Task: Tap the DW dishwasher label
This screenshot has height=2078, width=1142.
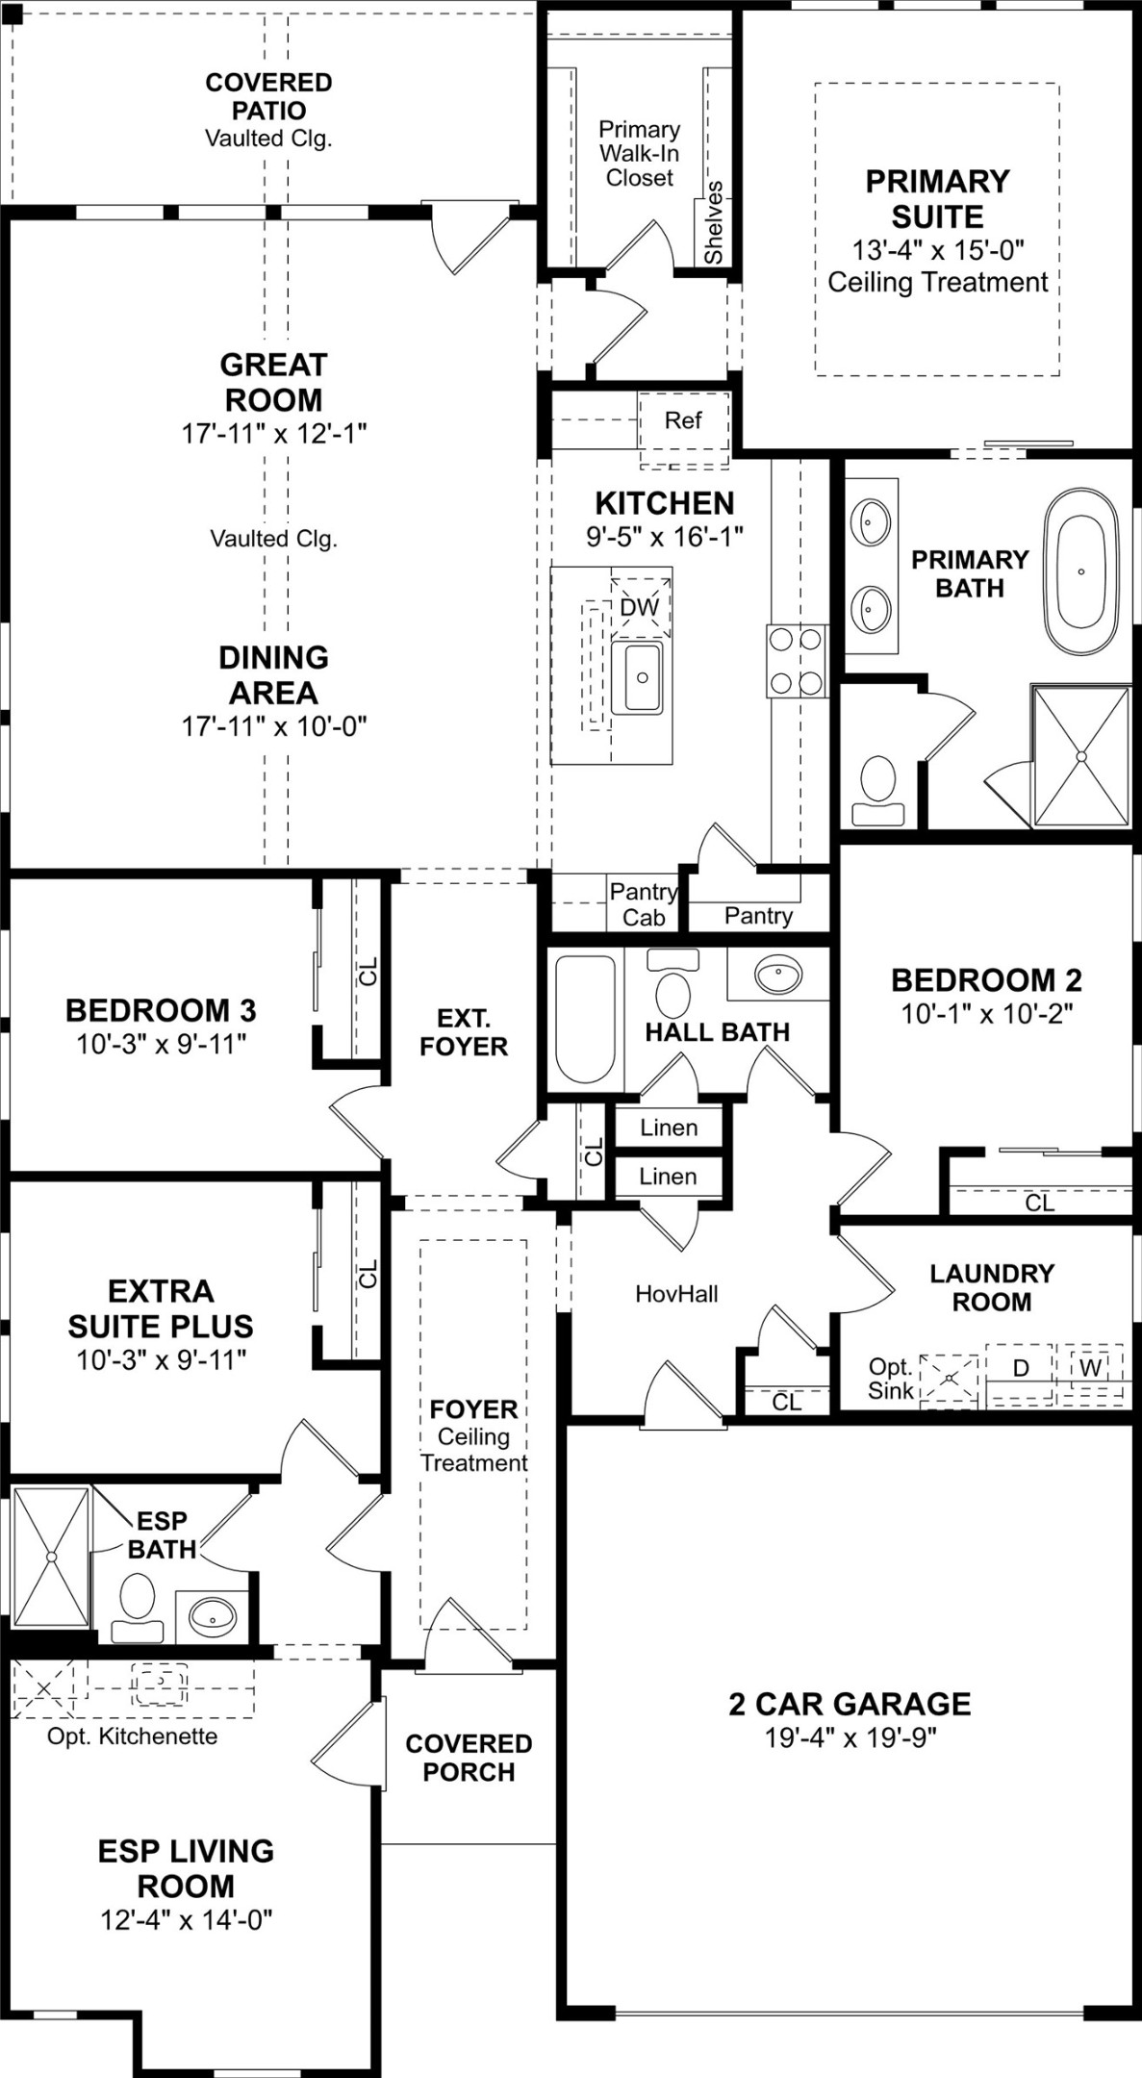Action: pos(639,607)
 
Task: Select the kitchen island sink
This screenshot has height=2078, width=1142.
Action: pos(637,677)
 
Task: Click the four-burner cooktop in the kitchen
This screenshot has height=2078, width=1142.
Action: pos(796,661)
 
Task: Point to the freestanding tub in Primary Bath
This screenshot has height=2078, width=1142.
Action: pos(1081,571)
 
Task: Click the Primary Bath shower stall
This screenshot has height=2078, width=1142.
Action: pos(1080,756)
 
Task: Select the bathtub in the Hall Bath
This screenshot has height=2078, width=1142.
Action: pos(585,1019)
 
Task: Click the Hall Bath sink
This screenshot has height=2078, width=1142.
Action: pos(778,975)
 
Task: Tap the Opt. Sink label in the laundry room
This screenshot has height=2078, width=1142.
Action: pos(890,1379)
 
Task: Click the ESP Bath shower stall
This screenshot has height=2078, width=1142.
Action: pos(51,1556)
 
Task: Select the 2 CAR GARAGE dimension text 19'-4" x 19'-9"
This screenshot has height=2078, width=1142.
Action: pos(850,1737)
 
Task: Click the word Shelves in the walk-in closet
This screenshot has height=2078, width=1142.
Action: pos(713,222)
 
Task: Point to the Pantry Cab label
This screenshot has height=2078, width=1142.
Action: pos(643,904)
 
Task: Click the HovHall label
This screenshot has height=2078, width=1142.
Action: pos(676,1294)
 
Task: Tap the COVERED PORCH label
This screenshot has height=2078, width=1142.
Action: pos(469,1757)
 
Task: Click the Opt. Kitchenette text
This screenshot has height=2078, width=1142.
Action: pos(132,1736)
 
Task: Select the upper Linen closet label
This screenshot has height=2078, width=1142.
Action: pos(669,1128)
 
